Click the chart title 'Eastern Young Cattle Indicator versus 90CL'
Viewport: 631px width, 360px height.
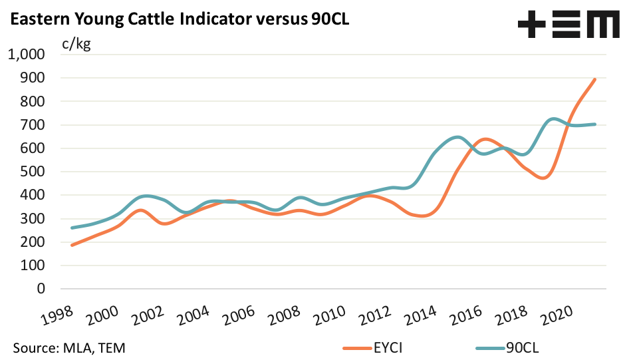point(178,20)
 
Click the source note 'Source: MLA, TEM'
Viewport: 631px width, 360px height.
point(69,347)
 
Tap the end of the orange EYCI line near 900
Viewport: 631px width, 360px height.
point(594,79)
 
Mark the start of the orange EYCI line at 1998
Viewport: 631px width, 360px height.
point(71,245)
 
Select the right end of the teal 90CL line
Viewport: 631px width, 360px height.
point(594,124)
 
